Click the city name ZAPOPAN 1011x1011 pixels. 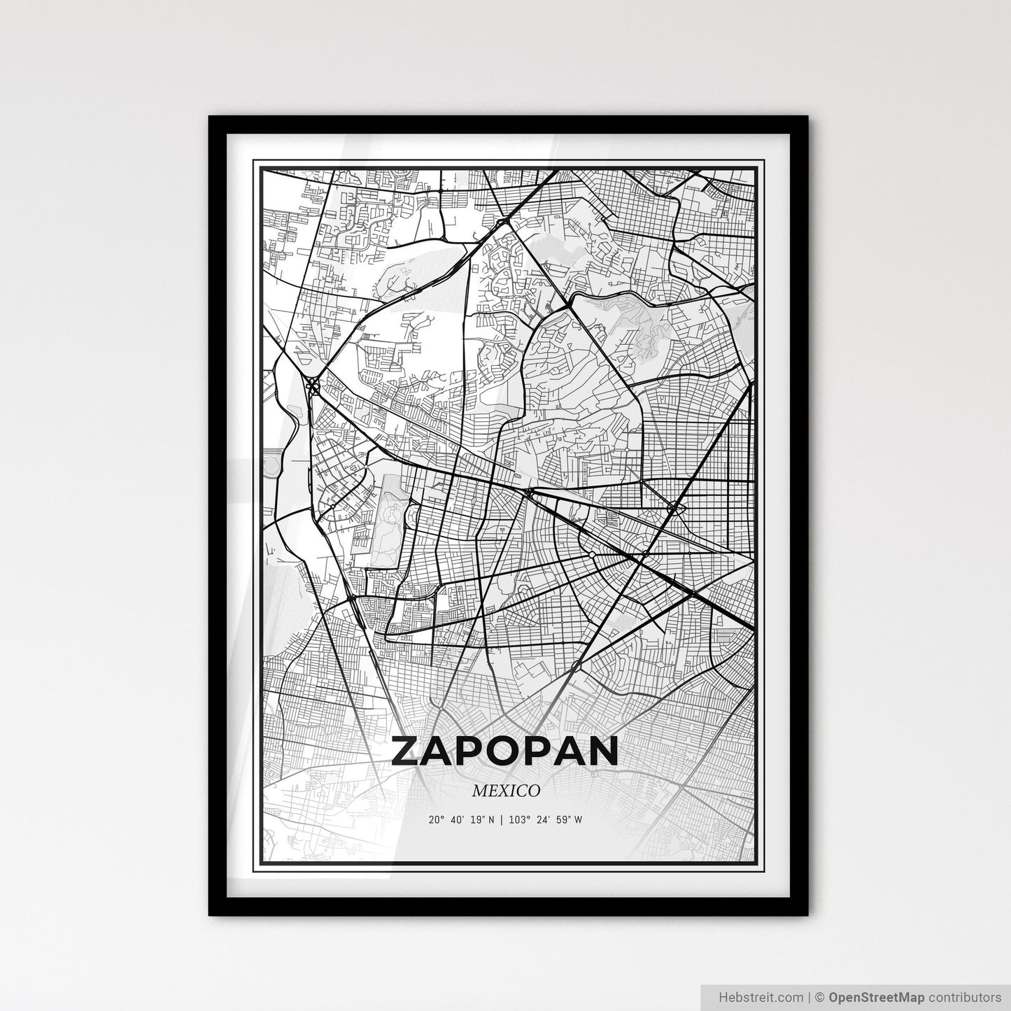[505, 751]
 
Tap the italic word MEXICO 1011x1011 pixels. [505, 791]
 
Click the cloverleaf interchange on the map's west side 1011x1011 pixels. [311, 384]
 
